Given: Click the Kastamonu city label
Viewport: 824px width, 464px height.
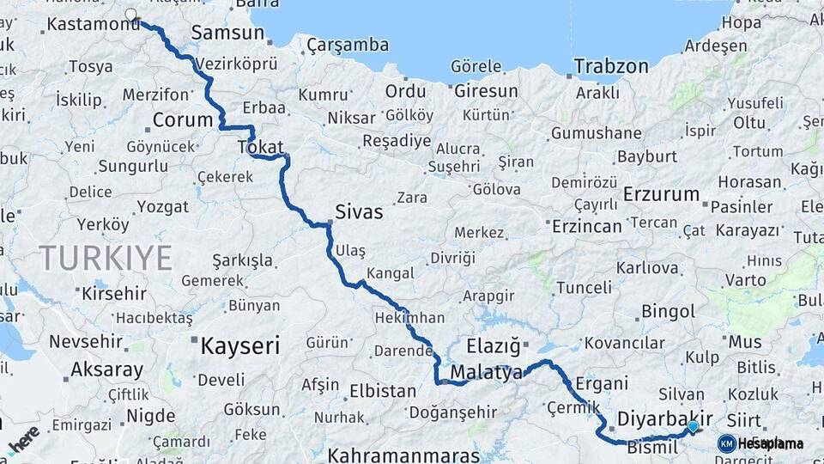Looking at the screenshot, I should pyautogui.click(x=92, y=24).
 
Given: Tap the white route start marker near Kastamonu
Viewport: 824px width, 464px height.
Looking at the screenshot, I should pyautogui.click(x=130, y=14).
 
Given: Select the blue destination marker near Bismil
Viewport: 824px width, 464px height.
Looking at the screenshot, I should pyautogui.click(x=693, y=425).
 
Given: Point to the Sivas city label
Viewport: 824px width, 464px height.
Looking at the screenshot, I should pyautogui.click(x=359, y=212).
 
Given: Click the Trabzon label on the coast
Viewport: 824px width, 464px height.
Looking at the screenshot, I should pyautogui.click(x=611, y=66).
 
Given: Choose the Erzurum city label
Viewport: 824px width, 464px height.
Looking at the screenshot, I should pyautogui.click(x=661, y=194).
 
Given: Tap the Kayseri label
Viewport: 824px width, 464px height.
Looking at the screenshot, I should pyautogui.click(x=239, y=346).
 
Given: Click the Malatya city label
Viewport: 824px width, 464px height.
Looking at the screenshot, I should pyautogui.click(x=486, y=373).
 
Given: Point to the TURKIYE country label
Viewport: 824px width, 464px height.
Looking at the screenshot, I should pyautogui.click(x=106, y=258).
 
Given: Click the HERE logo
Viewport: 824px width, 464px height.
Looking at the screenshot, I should pyautogui.click(x=23, y=438).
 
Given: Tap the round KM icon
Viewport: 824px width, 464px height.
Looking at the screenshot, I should pyautogui.click(x=726, y=443).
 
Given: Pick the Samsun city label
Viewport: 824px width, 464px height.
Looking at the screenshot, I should pyautogui.click(x=227, y=33).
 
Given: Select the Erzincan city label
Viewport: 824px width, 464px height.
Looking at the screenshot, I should pyautogui.click(x=587, y=226).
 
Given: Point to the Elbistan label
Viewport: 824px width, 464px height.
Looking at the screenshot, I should pyautogui.click(x=383, y=391).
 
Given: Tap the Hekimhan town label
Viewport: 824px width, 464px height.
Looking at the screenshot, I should pyautogui.click(x=409, y=318).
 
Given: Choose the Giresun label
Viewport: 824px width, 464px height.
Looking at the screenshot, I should pyautogui.click(x=486, y=90).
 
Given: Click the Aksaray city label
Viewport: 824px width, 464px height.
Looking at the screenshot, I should pyautogui.click(x=107, y=370).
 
